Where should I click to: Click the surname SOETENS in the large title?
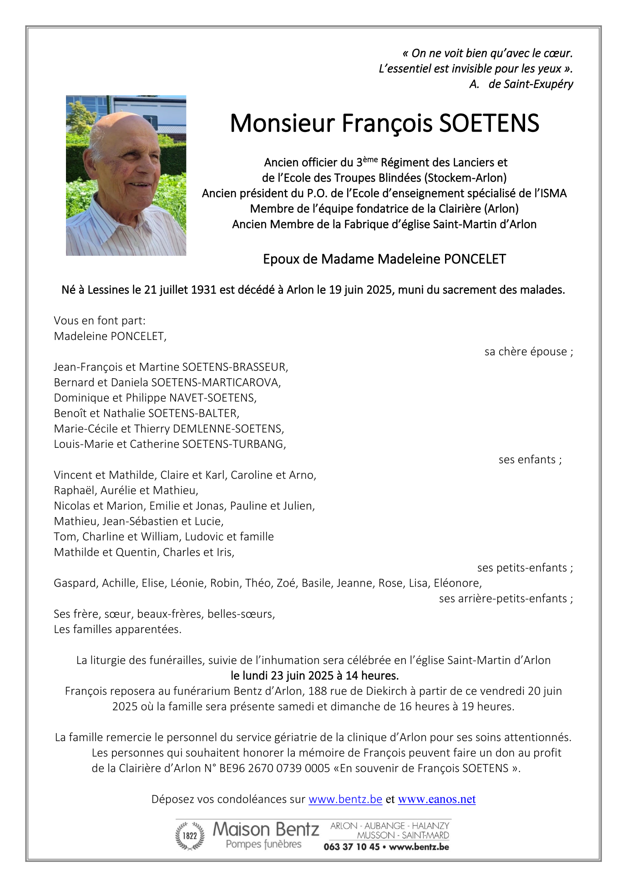pyautogui.click(x=489, y=123)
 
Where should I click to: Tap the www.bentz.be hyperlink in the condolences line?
pyautogui.click(x=345, y=799)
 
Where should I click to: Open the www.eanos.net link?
pyautogui.click(x=436, y=799)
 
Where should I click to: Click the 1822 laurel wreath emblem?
pyautogui.click(x=190, y=836)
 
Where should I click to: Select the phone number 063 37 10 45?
pyautogui.click(x=351, y=847)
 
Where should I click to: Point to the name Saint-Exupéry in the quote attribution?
pyautogui.click(x=531, y=84)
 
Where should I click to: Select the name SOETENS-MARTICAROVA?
pyautogui.click(x=215, y=382)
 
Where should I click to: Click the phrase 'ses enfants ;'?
pyautogui.click(x=530, y=460)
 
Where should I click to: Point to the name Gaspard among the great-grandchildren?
pyautogui.click(x=75, y=583)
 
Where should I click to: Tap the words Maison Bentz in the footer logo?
pyautogui.click(x=266, y=830)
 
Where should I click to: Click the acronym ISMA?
pyautogui.click(x=553, y=193)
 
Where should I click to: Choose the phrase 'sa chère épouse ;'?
pyautogui.click(x=529, y=352)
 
